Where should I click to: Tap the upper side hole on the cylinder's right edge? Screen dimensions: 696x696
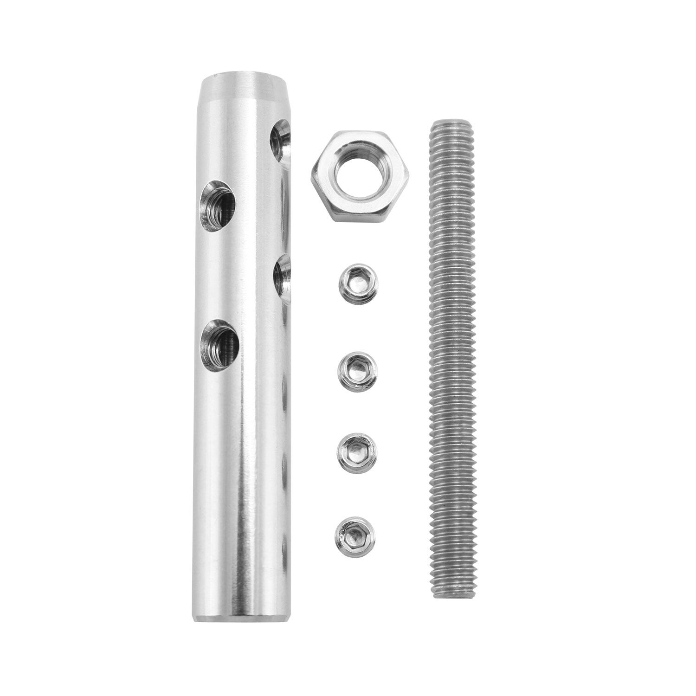pos(281,142)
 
